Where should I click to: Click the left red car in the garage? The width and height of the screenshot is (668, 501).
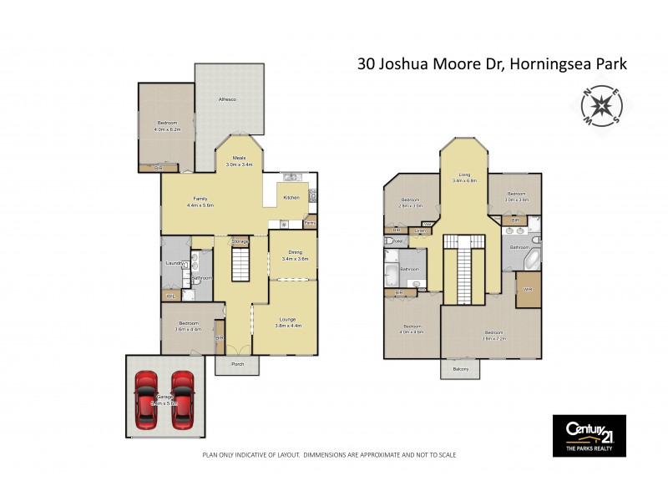coord(145,400)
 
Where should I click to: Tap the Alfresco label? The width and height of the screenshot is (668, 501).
coord(226,100)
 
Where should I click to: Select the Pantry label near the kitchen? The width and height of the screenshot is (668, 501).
coord(310,223)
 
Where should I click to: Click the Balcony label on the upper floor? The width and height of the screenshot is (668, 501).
coord(461,368)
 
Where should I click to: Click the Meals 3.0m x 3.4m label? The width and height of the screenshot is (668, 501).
coord(239,162)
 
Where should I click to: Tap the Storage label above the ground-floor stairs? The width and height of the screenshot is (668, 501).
coord(240,241)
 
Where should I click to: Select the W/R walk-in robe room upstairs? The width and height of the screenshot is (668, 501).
coord(528,290)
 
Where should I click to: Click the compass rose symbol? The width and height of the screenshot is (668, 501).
coord(600,108)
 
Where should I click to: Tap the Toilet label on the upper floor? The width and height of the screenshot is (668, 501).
coord(397,242)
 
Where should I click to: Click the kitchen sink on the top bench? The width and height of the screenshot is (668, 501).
coord(291,177)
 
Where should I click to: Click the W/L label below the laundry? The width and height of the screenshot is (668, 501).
coord(171,296)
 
